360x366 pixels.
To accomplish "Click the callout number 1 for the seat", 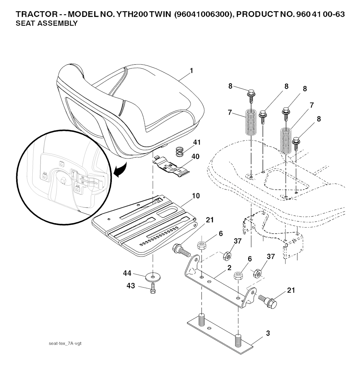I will point(191,71).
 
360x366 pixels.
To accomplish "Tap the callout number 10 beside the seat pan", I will point(196,196).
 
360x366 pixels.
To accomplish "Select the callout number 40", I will point(195,156).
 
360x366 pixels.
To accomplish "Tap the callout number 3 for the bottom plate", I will point(268,333).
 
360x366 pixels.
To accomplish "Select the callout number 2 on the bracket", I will point(229,268).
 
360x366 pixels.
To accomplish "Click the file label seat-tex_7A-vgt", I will point(65,343).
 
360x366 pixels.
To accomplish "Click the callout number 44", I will point(127,273).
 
